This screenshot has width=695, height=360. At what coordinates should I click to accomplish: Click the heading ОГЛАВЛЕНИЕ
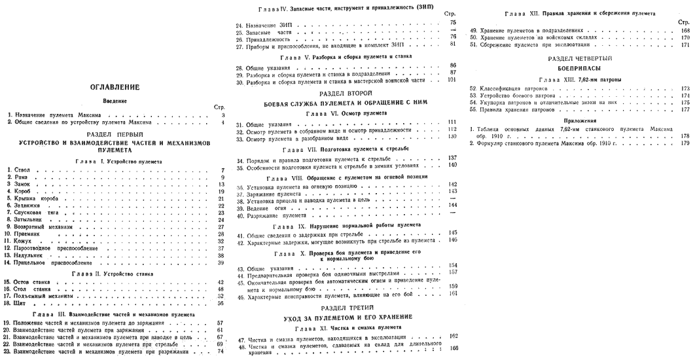point(115,88)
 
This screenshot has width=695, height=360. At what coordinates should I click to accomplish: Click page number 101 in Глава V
point(451,81)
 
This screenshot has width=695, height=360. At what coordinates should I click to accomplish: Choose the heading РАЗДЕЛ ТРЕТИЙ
point(346,307)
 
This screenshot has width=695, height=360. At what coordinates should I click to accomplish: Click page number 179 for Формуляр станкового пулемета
point(685,143)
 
